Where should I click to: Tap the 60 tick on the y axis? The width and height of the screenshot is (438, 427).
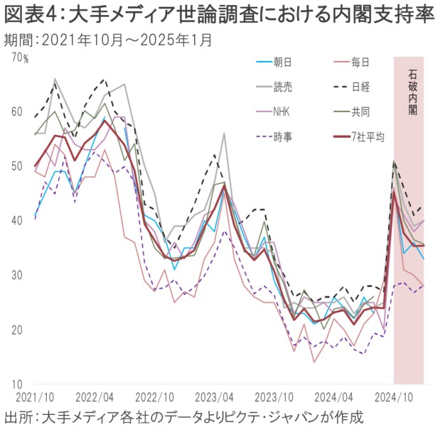16,112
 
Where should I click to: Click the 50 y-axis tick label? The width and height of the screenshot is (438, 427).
16,166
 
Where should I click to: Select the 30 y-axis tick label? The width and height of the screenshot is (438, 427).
16,275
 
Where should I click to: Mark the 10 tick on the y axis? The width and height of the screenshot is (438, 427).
16,384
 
